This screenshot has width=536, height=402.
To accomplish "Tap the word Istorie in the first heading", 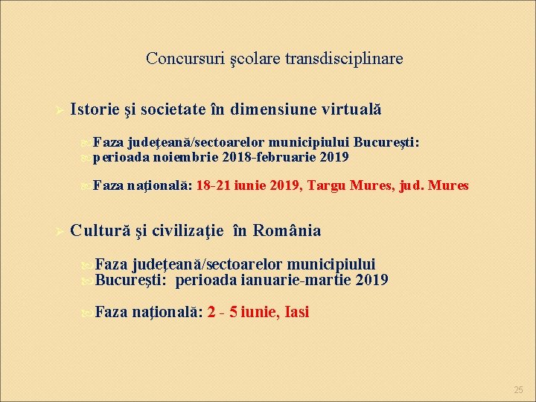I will [95, 109].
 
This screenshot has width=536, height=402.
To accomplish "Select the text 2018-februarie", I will [269, 157].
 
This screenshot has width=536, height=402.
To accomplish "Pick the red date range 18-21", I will [214, 185].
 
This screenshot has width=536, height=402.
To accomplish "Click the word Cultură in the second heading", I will [100, 231].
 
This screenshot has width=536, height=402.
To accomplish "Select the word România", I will [287, 231].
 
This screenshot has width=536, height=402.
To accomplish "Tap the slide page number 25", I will [519, 390].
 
